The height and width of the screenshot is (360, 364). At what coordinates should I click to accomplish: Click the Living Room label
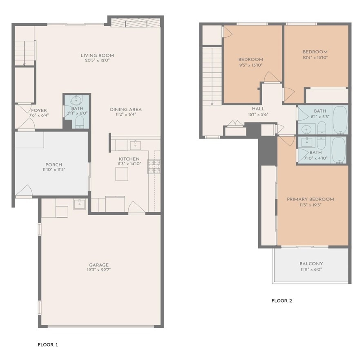[x=97, y=56]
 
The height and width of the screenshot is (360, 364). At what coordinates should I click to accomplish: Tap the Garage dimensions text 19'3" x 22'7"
[x=99, y=270]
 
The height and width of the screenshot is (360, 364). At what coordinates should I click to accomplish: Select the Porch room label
[x=54, y=165]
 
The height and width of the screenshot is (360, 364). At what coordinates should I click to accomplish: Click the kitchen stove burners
[x=154, y=166]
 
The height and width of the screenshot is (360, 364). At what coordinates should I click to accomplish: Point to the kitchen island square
[x=122, y=174]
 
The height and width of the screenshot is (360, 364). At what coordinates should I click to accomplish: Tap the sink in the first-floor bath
[x=76, y=101]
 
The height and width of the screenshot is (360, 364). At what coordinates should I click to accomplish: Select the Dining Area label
[x=126, y=110]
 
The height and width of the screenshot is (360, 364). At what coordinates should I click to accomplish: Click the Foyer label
[x=39, y=110]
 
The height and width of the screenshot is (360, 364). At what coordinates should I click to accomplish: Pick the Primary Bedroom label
[x=310, y=199]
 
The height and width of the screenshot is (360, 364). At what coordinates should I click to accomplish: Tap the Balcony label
[x=311, y=264]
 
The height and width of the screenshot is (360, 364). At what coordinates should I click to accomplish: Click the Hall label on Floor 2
[x=258, y=109]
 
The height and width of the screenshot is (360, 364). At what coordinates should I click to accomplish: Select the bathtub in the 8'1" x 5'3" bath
[x=340, y=120]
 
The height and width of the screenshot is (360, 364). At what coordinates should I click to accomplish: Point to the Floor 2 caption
[x=282, y=301]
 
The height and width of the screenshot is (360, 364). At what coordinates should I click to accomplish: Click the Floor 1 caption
[x=48, y=345]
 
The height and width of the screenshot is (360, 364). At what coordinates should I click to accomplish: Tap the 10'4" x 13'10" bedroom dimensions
[x=315, y=57]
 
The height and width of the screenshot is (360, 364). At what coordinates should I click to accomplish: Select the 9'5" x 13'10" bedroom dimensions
[x=251, y=65]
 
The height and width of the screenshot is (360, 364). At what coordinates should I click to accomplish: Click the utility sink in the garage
[x=80, y=204]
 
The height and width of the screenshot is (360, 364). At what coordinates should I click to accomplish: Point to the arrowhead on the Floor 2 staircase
[x=212, y=104]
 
